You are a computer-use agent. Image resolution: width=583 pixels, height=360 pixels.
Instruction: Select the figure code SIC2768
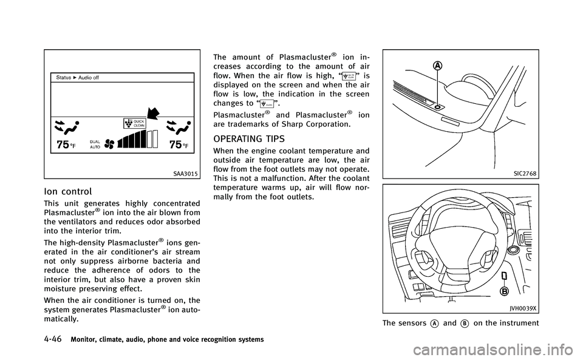click(524, 173)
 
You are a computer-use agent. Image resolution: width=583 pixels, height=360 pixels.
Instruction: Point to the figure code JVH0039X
click(521, 308)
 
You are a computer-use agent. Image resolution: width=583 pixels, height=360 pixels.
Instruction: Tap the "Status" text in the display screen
click(64, 78)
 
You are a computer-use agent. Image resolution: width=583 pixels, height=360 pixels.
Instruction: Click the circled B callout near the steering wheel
click(503, 291)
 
